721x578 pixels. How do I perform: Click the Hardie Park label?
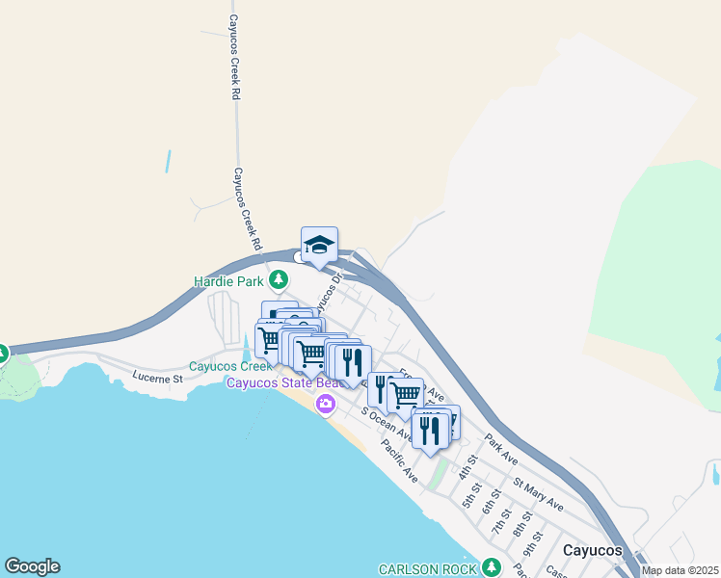(228, 280)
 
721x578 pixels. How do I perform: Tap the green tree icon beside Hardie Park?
(279, 280)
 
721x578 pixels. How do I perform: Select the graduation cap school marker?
(319, 246)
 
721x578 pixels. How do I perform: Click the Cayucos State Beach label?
(280, 383)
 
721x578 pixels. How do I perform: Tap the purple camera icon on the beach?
(326, 403)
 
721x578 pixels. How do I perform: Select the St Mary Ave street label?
(538, 494)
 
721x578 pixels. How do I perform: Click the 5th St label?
(470, 498)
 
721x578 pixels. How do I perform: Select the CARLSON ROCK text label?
(428, 568)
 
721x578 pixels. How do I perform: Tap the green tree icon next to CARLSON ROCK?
(493, 566)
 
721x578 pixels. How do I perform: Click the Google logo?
(32, 566)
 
